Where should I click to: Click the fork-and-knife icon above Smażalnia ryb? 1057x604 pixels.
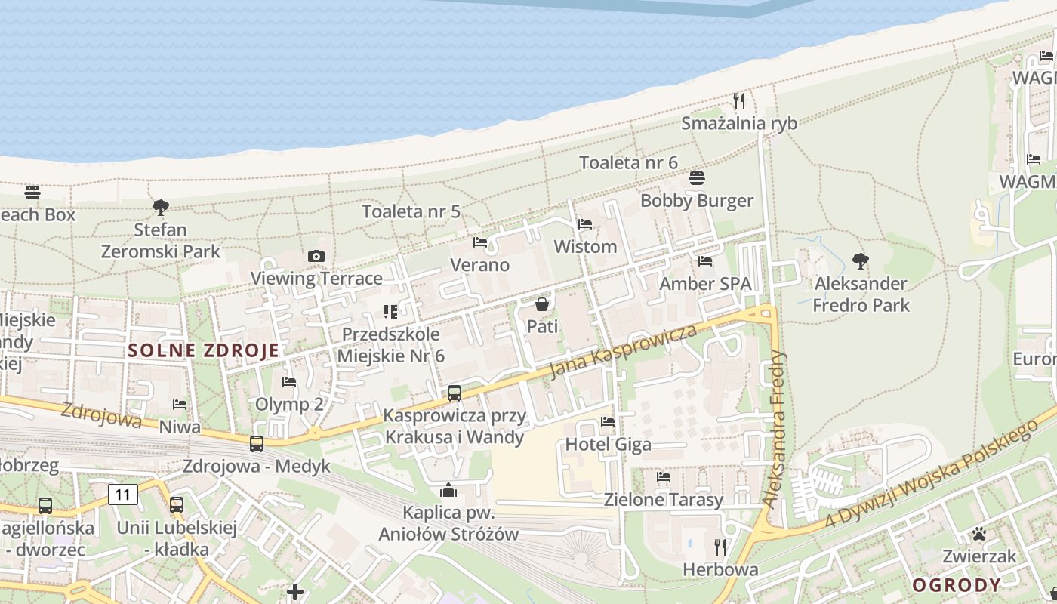(739, 100)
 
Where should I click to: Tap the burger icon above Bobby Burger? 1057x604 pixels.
(696, 179)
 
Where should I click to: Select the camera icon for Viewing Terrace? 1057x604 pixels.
(316, 257)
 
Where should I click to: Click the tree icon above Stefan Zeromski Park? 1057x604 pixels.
(160, 207)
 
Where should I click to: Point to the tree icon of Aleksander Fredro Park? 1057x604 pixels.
(860, 261)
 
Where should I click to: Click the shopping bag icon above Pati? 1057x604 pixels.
(541, 304)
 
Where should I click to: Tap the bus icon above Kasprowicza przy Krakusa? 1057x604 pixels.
(454, 393)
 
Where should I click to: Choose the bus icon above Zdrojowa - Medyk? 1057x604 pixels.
(257, 443)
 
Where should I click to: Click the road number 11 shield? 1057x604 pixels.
(123, 495)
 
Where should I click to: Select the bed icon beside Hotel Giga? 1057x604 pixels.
(608, 421)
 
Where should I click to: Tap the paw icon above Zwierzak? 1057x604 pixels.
(979, 535)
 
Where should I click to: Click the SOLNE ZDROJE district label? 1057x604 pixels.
(204, 350)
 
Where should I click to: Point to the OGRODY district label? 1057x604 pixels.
(957, 585)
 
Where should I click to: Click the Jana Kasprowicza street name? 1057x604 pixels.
(623, 351)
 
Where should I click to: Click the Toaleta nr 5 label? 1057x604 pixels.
(411, 211)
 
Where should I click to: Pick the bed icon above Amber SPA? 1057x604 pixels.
(705, 261)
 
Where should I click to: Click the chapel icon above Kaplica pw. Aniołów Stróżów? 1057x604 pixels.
(448, 491)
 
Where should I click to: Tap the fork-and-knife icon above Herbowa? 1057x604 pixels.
(720, 547)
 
